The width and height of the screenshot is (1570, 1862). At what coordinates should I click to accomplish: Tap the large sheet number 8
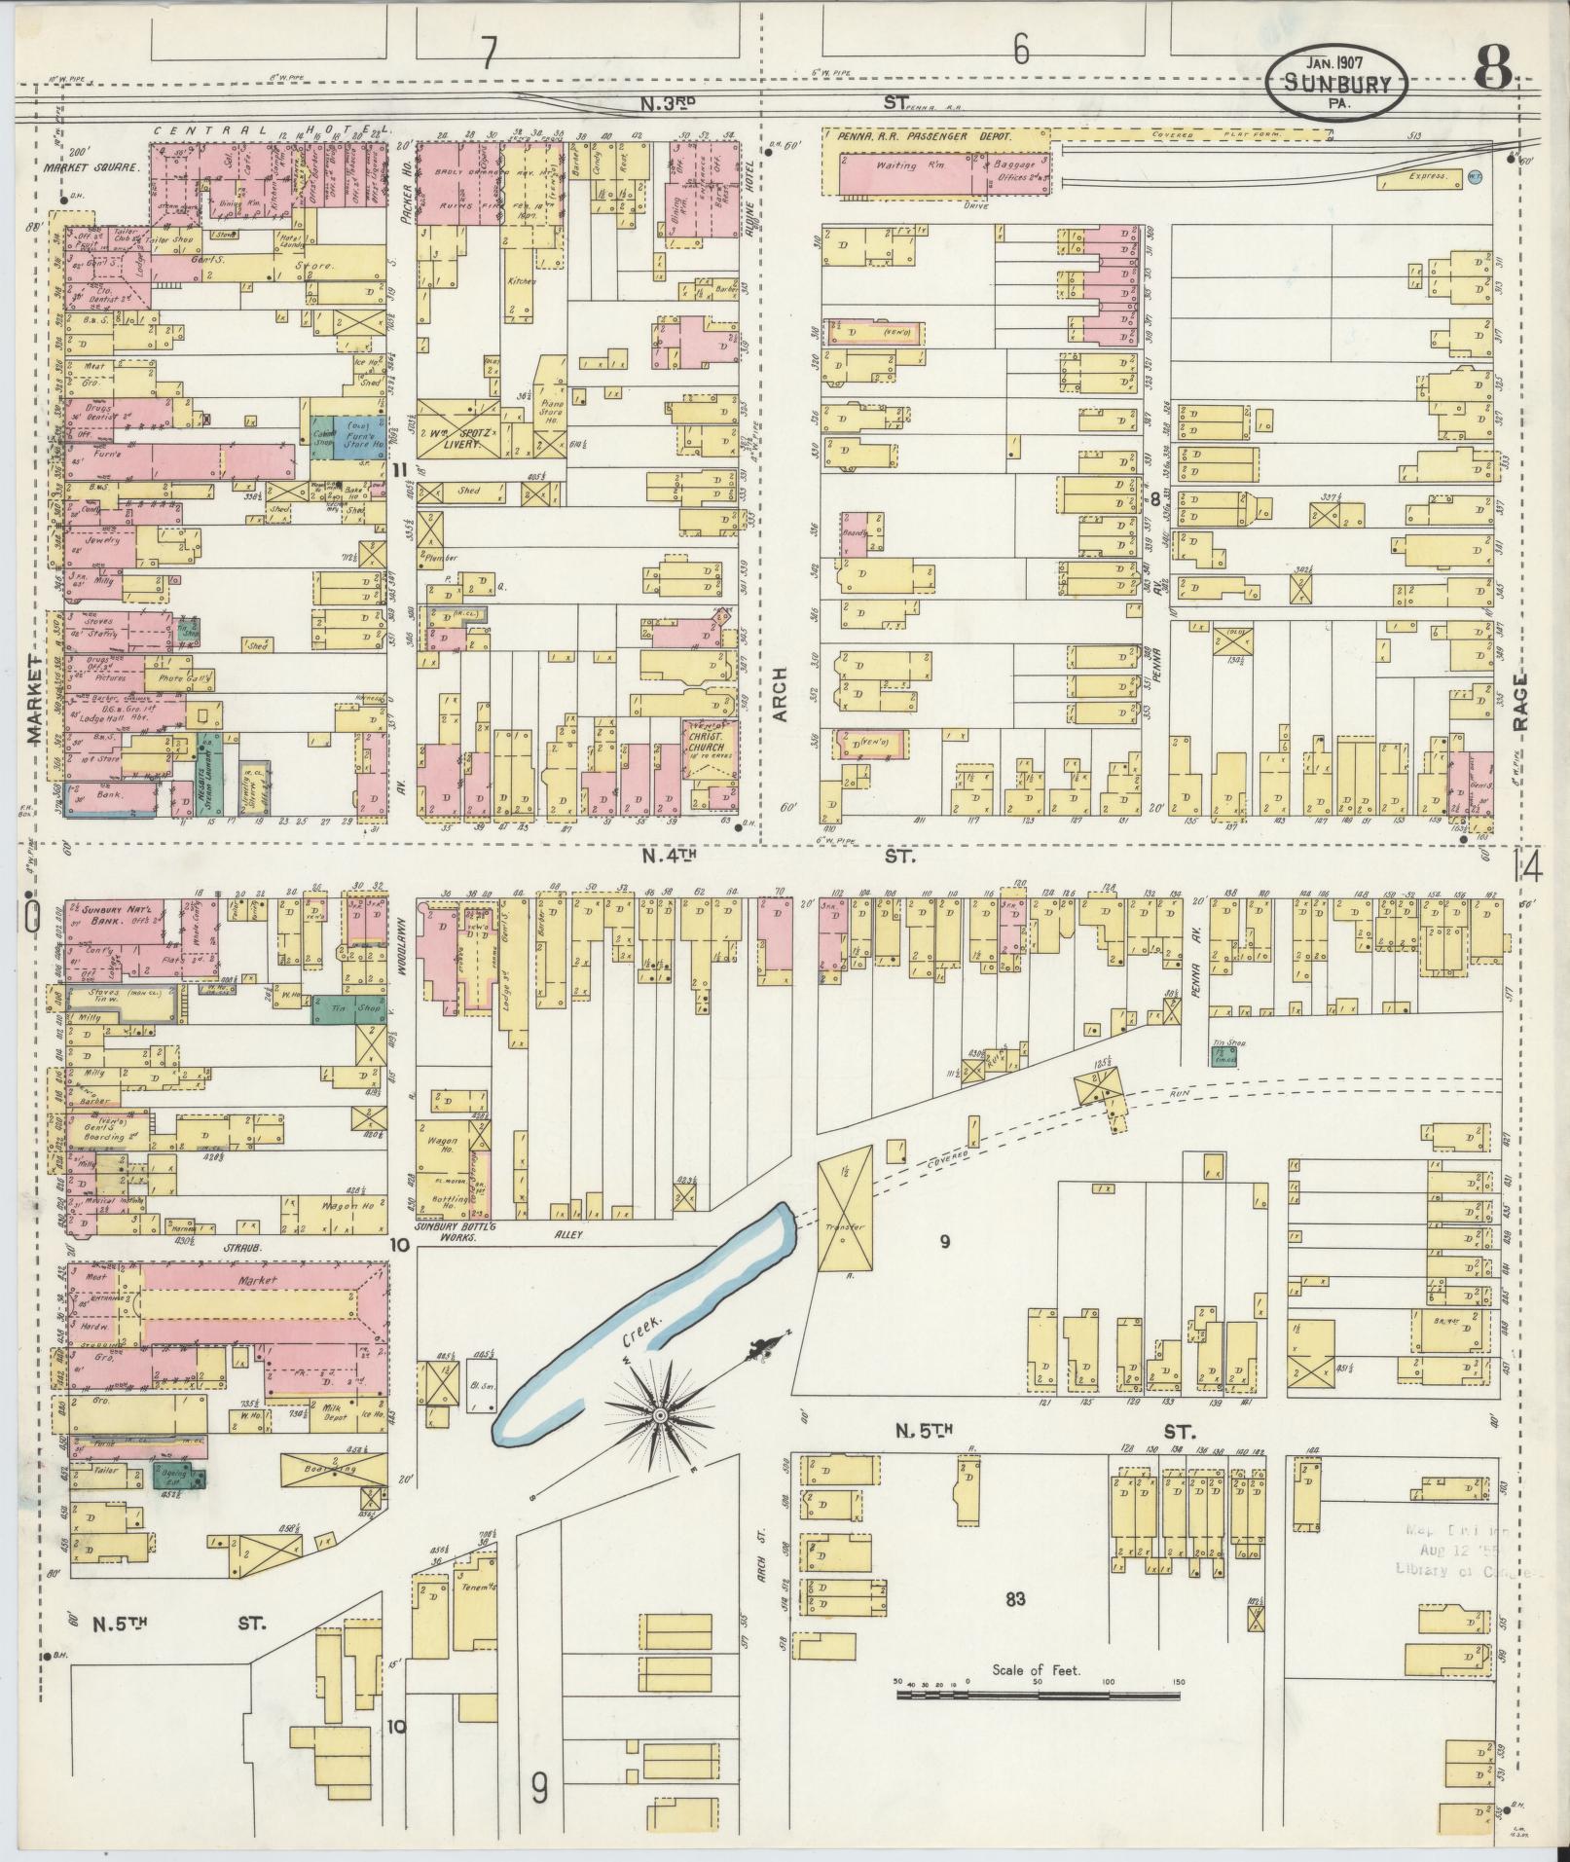pyautogui.click(x=1493, y=70)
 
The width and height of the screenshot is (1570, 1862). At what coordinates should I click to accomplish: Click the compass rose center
pyautogui.click(x=660, y=1413)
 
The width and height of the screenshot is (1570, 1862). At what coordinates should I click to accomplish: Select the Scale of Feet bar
pyautogui.click(x=1038, y=1013)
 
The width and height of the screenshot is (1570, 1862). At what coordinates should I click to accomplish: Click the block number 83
pyautogui.click(x=1015, y=1598)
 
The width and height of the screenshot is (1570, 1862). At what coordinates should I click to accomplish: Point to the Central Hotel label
pyautogui.click(x=263, y=129)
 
